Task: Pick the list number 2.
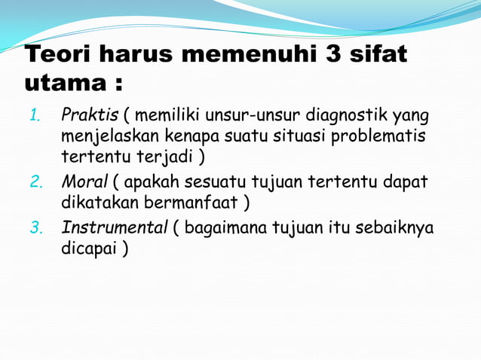[35, 184]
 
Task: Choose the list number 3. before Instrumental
[35, 228]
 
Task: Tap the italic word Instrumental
[114, 228]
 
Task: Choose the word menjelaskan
[103, 137]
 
